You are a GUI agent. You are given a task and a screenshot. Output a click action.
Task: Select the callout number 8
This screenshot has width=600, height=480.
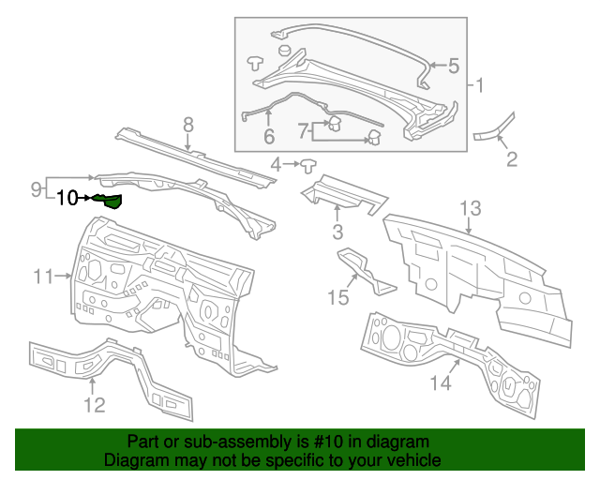tap(187, 124)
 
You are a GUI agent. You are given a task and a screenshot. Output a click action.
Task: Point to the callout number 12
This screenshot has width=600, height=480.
tap(95, 405)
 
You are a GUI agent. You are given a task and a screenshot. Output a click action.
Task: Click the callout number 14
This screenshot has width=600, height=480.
tap(441, 382)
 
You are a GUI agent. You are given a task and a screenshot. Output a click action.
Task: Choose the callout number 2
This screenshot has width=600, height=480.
tap(512, 159)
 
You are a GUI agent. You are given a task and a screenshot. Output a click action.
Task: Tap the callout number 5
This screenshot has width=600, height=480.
tap(453, 66)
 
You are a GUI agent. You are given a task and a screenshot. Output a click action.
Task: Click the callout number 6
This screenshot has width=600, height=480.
tap(268, 137)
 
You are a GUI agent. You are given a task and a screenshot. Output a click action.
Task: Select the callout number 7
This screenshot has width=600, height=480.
tap(303, 129)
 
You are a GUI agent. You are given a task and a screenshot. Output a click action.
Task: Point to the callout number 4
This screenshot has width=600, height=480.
tap(276, 165)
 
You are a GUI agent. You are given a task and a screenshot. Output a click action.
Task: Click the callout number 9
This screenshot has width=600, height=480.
tap(36, 188)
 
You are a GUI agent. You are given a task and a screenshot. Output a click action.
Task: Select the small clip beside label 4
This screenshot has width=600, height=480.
tap(307, 165)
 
